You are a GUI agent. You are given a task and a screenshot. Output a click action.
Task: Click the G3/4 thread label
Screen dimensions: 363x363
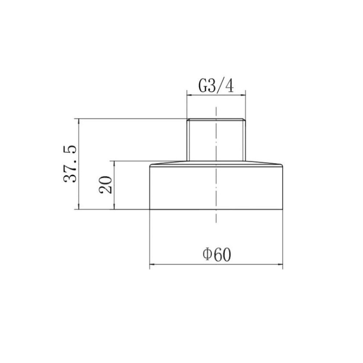[x=216, y=86]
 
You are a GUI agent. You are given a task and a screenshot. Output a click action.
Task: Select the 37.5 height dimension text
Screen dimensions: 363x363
[x=70, y=164]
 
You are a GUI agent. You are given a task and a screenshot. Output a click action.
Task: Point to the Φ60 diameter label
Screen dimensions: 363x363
[x=217, y=255]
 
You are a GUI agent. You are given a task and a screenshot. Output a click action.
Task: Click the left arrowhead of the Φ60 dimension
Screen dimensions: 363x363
[x=152, y=265]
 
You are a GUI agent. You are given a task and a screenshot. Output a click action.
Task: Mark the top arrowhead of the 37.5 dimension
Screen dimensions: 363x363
[x=79, y=121]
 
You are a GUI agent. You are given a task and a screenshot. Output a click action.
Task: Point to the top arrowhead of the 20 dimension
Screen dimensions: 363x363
[x=114, y=163]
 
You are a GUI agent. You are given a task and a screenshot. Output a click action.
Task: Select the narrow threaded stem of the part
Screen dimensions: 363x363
[x=216, y=140]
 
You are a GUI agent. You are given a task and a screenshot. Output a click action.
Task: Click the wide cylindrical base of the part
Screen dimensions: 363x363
[x=216, y=187]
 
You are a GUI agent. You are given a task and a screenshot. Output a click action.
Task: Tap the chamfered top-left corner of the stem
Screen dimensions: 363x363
[x=187, y=119]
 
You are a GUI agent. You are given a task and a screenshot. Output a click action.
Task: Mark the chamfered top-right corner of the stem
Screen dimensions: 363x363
[x=245, y=119]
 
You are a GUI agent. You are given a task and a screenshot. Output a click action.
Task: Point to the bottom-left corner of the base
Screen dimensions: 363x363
[x=150, y=209]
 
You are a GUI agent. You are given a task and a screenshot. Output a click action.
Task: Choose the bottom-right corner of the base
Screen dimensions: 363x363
[x=283, y=209]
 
